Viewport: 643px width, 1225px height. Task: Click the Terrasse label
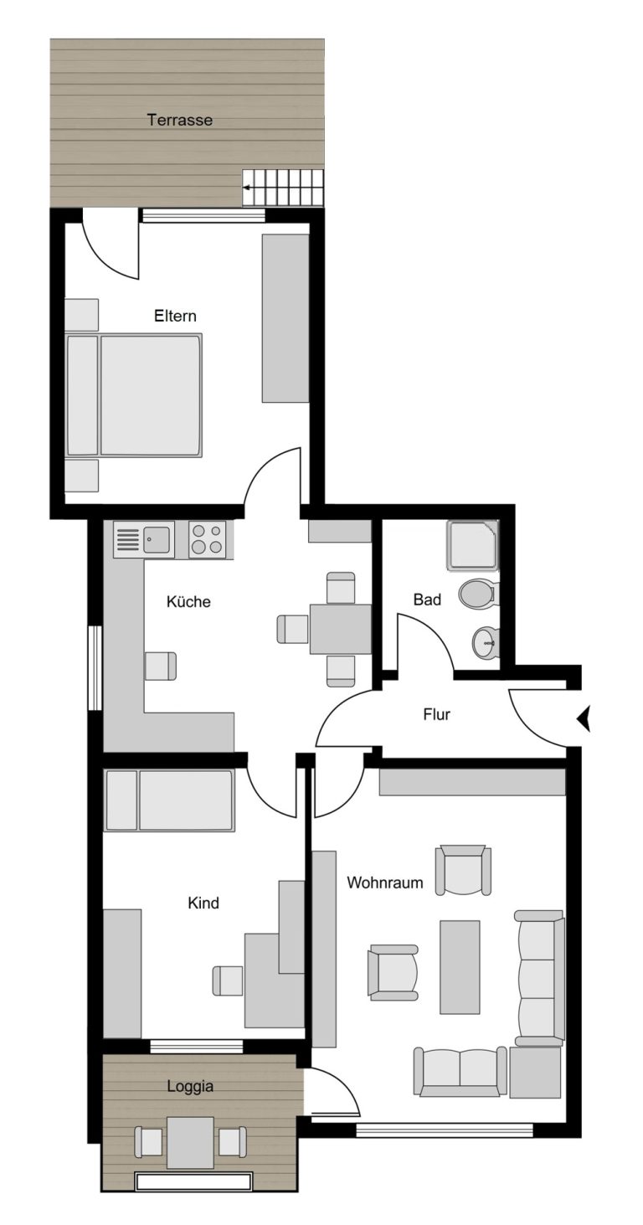click(x=179, y=120)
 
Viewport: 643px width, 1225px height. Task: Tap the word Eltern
click(x=175, y=316)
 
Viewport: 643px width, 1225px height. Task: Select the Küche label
click(x=188, y=601)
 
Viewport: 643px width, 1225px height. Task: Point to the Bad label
click(x=427, y=600)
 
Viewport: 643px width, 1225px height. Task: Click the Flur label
click(x=436, y=714)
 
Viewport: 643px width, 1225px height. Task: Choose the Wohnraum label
click(x=385, y=882)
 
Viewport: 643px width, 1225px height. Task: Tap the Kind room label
click(x=203, y=903)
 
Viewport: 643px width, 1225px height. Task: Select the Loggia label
click(x=190, y=1085)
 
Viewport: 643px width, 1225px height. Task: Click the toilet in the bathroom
click(x=479, y=594)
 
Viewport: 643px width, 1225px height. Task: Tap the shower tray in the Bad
click(x=473, y=545)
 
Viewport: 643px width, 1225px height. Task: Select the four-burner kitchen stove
click(x=208, y=540)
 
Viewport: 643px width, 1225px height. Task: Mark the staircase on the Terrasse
click(x=284, y=188)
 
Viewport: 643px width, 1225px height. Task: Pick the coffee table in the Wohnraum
click(x=460, y=966)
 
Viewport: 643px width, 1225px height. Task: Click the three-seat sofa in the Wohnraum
click(x=539, y=978)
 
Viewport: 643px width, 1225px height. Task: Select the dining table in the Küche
click(x=342, y=629)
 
